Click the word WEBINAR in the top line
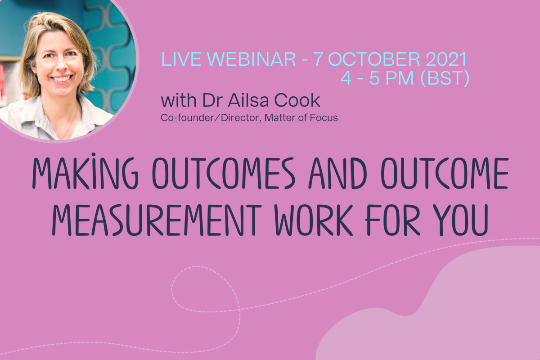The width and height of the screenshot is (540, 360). click(x=252, y=59)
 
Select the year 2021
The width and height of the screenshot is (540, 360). click(x=446, y=59)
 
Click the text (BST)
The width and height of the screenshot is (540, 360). click(x=445, y=78)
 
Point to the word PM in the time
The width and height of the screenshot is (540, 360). click(x=400, y=78)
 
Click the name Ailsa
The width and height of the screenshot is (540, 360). click(x=248, y=100)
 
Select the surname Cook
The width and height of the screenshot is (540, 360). click(x=297, y=100)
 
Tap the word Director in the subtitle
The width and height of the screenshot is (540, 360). click(x=241, y=118)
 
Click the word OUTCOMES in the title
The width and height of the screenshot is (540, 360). click(x=224, y=173)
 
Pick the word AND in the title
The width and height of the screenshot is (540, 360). click(x=338, y=173)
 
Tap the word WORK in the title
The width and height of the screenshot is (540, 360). click(x=314, y=220)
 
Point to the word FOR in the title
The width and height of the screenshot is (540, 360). click(x=393, y=220)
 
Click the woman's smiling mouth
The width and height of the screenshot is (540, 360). click(x=62, y=79)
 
